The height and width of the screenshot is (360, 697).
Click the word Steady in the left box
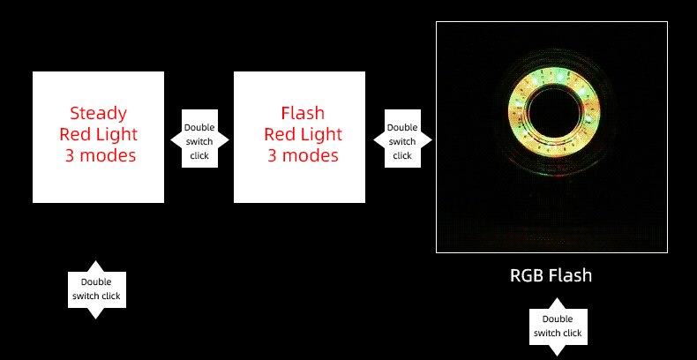(98, 113)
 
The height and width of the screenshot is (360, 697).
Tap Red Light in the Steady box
(98, 134)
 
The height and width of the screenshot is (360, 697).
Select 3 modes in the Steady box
(100, 156)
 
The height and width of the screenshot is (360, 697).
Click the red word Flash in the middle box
(303, 113)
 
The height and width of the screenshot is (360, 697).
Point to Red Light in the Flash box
(303, 134)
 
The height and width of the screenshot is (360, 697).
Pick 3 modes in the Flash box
(303, 156)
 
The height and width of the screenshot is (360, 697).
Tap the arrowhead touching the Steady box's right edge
(173, 140)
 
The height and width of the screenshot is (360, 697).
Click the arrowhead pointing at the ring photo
(427, 140)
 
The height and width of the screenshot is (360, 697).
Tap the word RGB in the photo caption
(528, 275)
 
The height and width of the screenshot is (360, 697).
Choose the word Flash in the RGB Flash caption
(570, 275)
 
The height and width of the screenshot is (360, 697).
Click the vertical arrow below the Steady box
(96, 289)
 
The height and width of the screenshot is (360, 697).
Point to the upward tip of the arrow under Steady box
(96, 265)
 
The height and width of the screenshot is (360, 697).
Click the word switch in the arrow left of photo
(402, 141)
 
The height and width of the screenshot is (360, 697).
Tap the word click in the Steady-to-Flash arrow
(199, 155)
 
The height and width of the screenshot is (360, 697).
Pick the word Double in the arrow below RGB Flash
(558, 319)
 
